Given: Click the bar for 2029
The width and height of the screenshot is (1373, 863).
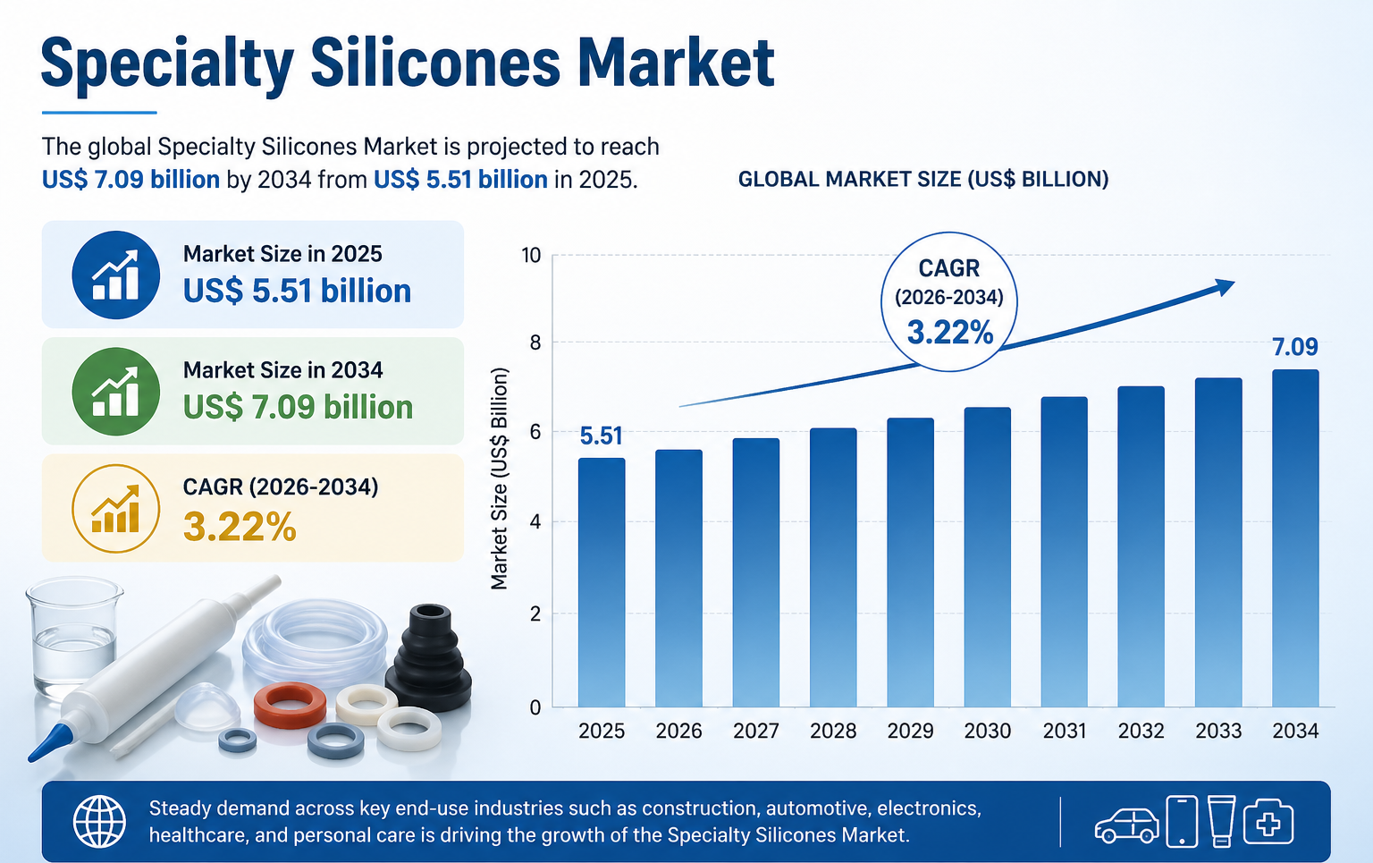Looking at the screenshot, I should [910, 563].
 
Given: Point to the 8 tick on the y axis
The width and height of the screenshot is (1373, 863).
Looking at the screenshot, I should [535, 343].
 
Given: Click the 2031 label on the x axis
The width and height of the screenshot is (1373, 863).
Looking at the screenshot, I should [1064, 732].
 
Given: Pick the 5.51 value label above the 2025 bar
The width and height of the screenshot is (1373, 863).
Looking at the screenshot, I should [601, 436].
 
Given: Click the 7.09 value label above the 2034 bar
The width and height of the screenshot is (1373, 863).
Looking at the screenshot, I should [1295, 347].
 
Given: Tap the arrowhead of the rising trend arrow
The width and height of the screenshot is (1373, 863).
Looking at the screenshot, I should [1224, 286].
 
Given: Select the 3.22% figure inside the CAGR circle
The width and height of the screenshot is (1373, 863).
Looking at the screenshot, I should [950, 334].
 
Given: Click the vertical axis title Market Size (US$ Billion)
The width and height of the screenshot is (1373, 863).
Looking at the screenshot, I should [500, 478].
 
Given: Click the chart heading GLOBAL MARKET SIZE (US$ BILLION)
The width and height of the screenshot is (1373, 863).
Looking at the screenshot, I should [922, 180].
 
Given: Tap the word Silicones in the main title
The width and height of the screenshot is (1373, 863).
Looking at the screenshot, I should [434, 63].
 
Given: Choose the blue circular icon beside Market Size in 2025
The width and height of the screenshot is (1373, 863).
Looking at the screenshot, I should [116, 275].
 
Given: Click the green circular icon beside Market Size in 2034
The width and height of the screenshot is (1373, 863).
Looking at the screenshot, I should [116, 392].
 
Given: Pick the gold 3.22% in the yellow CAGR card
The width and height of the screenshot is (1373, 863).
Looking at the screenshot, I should [240, 527].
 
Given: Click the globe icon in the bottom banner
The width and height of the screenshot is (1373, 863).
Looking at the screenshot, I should [99, 822].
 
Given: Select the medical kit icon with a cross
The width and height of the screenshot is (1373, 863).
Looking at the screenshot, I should [1268, 821].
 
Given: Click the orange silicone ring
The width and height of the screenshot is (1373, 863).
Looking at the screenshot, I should [290, 704].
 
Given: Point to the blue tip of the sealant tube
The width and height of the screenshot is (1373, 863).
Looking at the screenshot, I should [50, 741].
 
